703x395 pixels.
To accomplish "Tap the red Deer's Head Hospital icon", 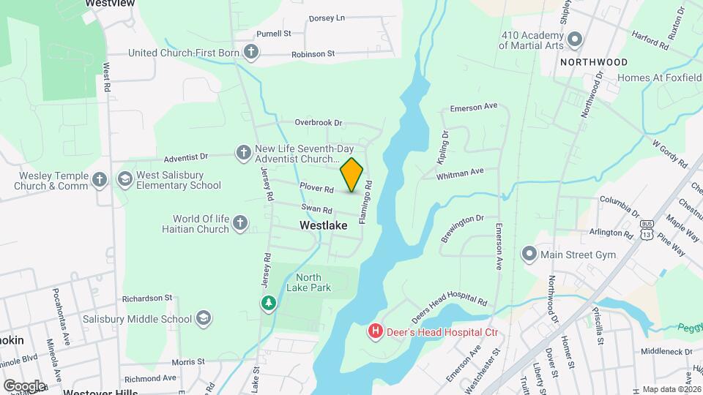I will tap(376, 332).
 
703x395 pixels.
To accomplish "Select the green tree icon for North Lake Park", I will tap(269, 303).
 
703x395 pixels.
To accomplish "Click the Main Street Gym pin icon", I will tap(529, 255).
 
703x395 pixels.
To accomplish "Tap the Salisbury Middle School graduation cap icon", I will tap(204, 318).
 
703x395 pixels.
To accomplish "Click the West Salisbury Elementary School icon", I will tap(124, 178).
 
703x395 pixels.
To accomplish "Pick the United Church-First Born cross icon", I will tap(251, 53).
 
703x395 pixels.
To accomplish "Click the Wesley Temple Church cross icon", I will tap(101, 179).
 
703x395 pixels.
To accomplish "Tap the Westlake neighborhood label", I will tap(323, 226).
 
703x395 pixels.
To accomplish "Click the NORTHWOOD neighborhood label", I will tap(594, 62).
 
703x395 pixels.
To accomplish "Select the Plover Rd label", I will tap(316, 188).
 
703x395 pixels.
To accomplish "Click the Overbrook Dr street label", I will tap(319, 123).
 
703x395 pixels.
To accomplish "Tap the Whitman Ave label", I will tap(460, 173).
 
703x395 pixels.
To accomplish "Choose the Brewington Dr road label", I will tap(462, 228).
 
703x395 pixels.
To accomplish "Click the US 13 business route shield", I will tap(645, 230).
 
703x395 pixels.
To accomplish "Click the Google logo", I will tap(24, 385).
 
